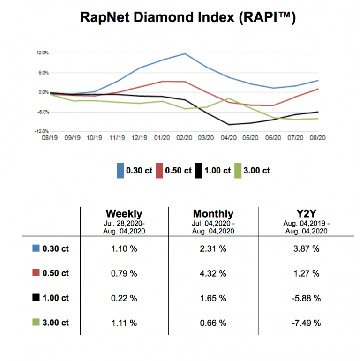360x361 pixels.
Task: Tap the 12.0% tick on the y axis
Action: pyautogui.click(x=43, y=53)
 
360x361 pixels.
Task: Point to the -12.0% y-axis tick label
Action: pyautogui.click(x=42, y=131)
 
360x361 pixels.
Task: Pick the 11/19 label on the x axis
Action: pyautogui.click(x=117, y=138)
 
